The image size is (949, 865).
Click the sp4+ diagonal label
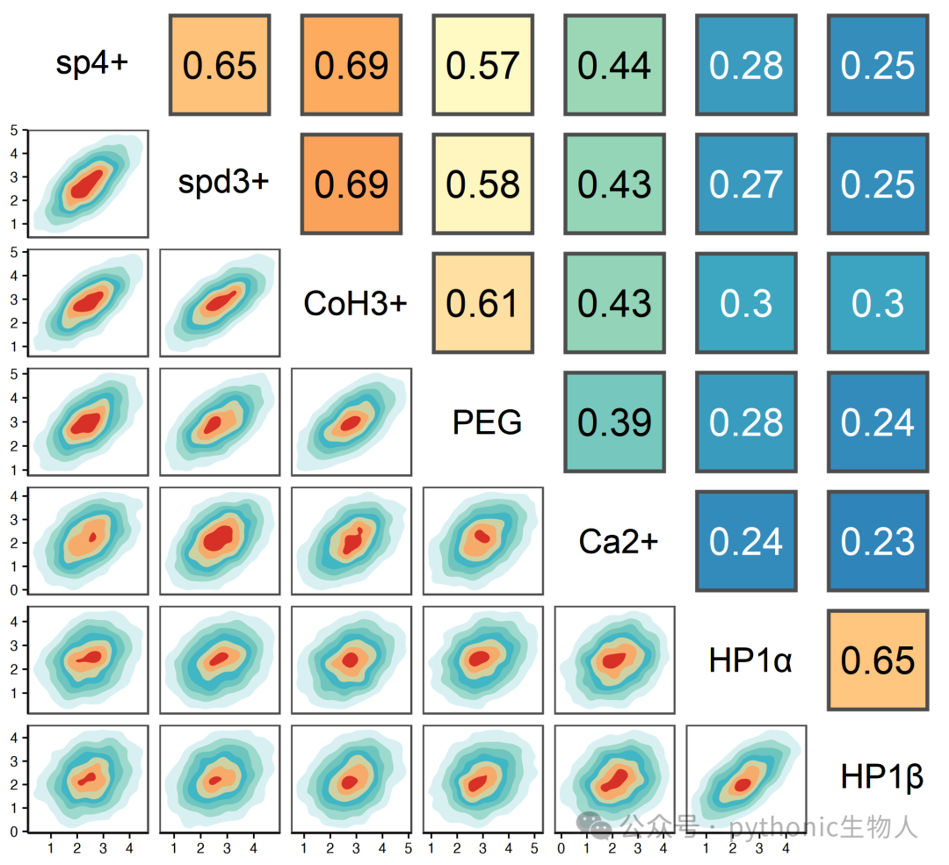[91, 63]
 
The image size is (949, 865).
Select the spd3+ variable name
[223, 182]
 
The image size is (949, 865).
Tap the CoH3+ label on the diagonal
[355, 303]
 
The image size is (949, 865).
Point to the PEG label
[487, 422]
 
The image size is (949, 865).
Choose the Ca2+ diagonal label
[618, 541]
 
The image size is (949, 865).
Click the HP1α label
[750, 660]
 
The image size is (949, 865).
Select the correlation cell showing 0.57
[483, 65]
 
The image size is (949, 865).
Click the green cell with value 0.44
[614, 65]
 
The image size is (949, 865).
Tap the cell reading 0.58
[483, 184]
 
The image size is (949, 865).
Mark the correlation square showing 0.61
[483, 303]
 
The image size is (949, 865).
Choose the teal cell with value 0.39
[614, 422]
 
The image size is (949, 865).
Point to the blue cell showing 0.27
[746, 184]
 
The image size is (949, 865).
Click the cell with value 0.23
[878, 541]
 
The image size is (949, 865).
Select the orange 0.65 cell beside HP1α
[878, 660]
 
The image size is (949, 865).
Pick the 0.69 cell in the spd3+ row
[351, 184]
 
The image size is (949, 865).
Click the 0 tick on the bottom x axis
[561, 848]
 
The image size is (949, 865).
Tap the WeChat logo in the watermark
[594, 825]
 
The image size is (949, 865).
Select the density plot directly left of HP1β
[746, 779]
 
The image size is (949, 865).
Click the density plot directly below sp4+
[89, 184]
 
